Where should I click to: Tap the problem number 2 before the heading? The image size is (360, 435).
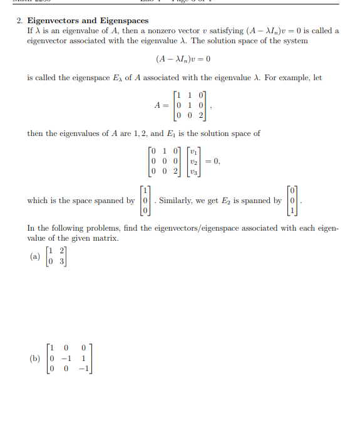(x=19, y=21)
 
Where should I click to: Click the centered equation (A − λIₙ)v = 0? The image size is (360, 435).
(x=183, y=60)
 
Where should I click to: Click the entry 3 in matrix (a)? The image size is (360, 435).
(x=60, y=261)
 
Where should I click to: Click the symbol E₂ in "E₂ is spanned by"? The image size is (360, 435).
(x=219, y=201)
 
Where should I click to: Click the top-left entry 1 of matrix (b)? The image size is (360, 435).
(x=52, y=349)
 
